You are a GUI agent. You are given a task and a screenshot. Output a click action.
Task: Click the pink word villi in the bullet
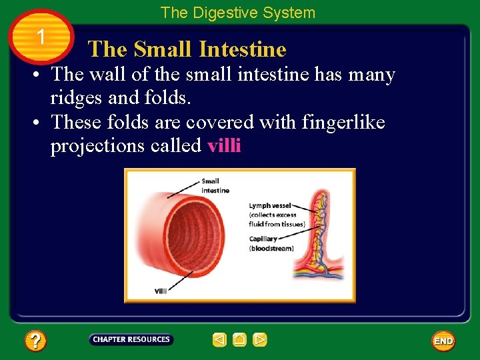(x=224, y=146)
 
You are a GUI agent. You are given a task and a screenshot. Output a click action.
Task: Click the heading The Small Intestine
(x=187, y=49)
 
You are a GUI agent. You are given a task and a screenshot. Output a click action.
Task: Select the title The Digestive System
(x=237, y=13)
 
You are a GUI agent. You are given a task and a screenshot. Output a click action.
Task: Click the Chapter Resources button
(x=131, y=340)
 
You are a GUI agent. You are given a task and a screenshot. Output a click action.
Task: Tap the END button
(x=443, y=341)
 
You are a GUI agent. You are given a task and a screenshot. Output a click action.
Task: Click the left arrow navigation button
(x=219, y=340)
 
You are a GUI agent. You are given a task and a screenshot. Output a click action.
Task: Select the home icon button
(x=240, y=340)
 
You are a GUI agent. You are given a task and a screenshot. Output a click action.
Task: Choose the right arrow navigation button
(x=260, y=340)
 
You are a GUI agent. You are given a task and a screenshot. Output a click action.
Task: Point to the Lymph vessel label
(x=269, y=206)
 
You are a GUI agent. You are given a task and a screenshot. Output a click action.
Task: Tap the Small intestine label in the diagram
(x=215, y=185)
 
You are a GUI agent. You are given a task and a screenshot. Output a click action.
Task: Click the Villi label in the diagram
(x=161, y=291)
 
